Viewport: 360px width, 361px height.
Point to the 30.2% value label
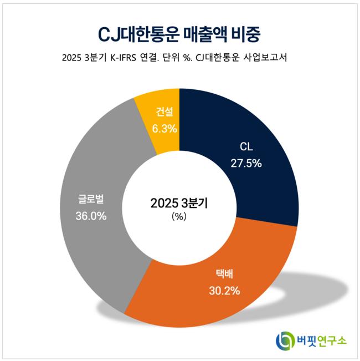pos(224,290)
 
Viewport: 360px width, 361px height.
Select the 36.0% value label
pos(91,216)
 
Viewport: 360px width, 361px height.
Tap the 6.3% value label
pos(164,129)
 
